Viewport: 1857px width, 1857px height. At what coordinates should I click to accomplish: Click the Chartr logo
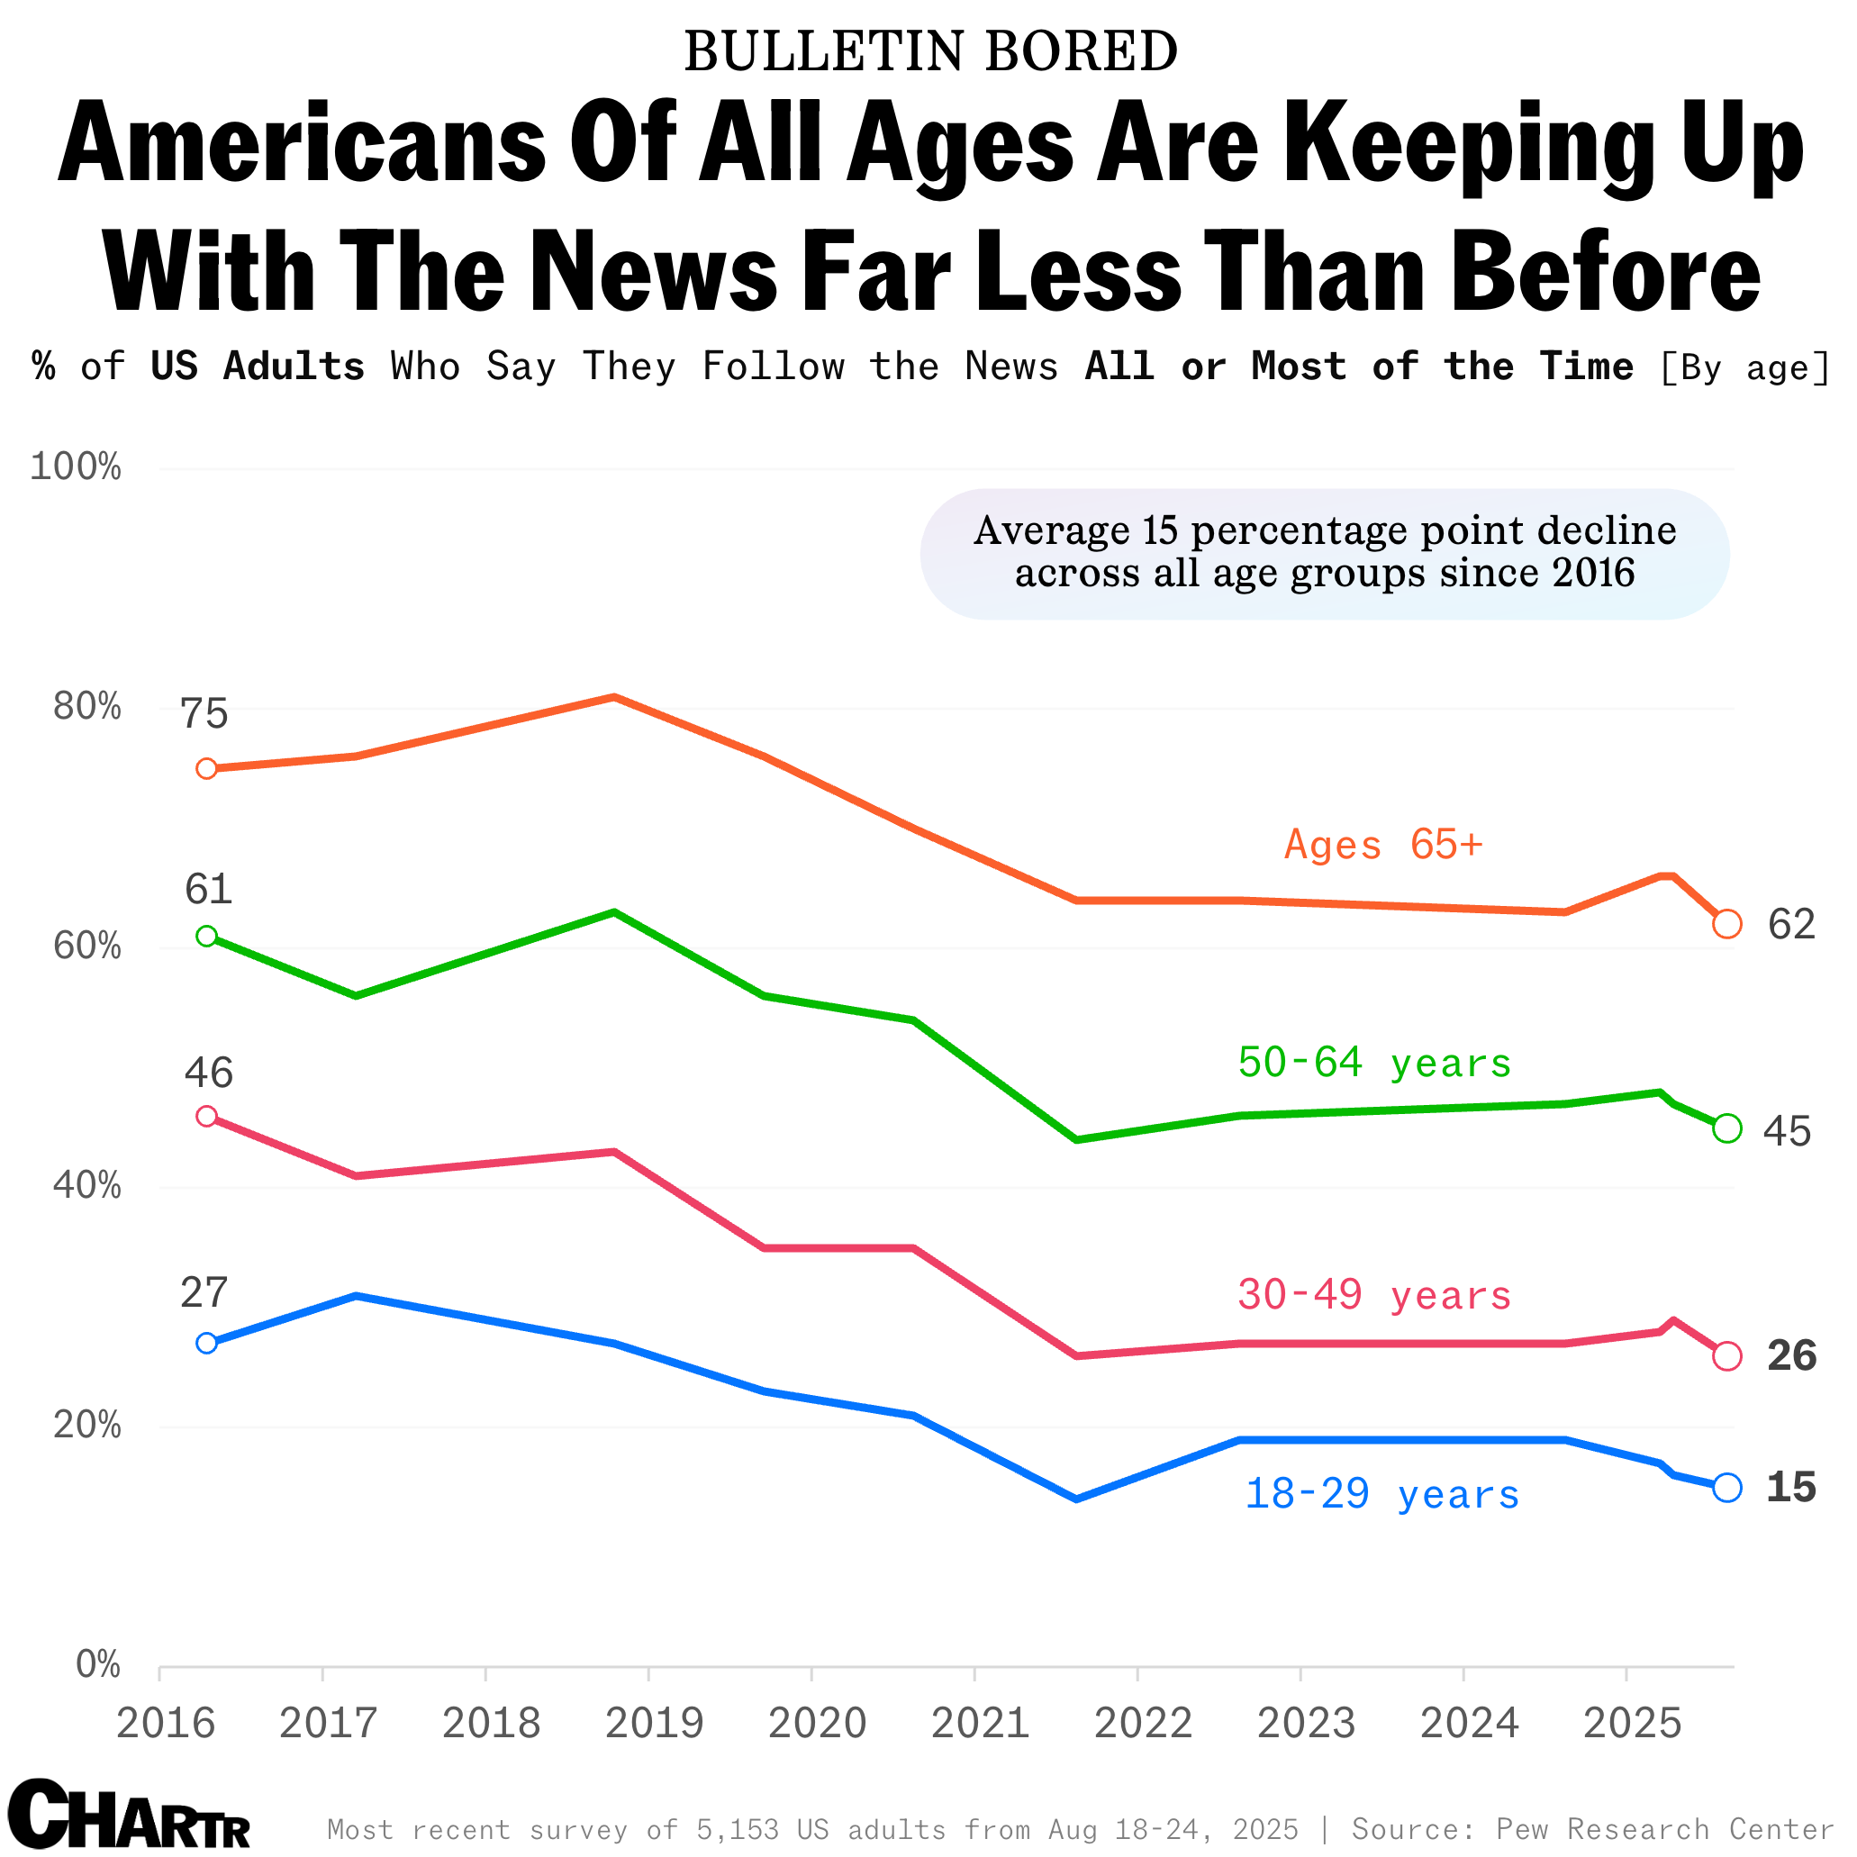click(130, 1814)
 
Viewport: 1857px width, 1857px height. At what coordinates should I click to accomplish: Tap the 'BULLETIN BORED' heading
click(929, 51)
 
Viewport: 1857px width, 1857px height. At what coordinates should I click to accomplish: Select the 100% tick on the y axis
click(76, 467)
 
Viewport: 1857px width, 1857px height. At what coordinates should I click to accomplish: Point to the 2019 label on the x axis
click(654, 1723)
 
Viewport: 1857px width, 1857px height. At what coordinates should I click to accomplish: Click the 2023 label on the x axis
click(1305, 1723)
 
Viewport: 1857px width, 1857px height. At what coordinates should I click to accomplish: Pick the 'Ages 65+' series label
click(1383, 845)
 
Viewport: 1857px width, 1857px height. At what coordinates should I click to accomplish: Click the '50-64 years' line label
click(1374, 1062)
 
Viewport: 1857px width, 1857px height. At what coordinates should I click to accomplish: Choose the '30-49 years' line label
click(1374, 1295)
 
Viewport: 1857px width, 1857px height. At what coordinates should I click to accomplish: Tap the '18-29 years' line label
click(1381, 1494)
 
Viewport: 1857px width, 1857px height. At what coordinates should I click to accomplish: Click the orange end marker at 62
click(1726, 924)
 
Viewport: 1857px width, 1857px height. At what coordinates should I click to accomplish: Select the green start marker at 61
click(206, 937)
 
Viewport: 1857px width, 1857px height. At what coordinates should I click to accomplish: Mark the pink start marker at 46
click(206, 1116)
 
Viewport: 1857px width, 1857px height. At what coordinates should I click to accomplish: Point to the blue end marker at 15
click(1726, 1487)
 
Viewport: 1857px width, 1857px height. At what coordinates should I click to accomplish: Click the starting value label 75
click(204, 714)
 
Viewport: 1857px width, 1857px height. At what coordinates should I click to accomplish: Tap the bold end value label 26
click(1790, 1356)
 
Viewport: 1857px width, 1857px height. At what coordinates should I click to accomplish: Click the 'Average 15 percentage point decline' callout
click(1325, 553)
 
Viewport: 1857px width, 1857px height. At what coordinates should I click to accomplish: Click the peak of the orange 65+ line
click(614, 697)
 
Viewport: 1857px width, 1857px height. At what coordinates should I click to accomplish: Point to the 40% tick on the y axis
click(86, 1186)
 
